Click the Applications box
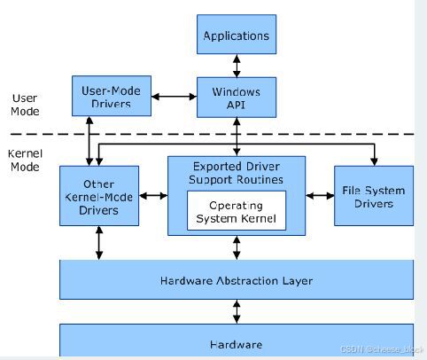click(x=237, y=36)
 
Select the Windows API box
click(x=237, y=97)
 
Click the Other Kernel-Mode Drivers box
click(x=99, y=195)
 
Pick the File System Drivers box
click(x=373, y=195)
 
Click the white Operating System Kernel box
click(x=237, y=211)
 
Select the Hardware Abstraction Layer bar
click(x=237, y=280)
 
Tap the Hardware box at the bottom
click(x=237, y=342)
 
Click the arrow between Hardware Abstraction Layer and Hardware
click(x=237, y=311)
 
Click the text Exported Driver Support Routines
click(x=237, y=173)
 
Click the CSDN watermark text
click(x=377, y=350)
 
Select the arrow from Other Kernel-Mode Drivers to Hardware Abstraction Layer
click(x=99, y=242)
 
